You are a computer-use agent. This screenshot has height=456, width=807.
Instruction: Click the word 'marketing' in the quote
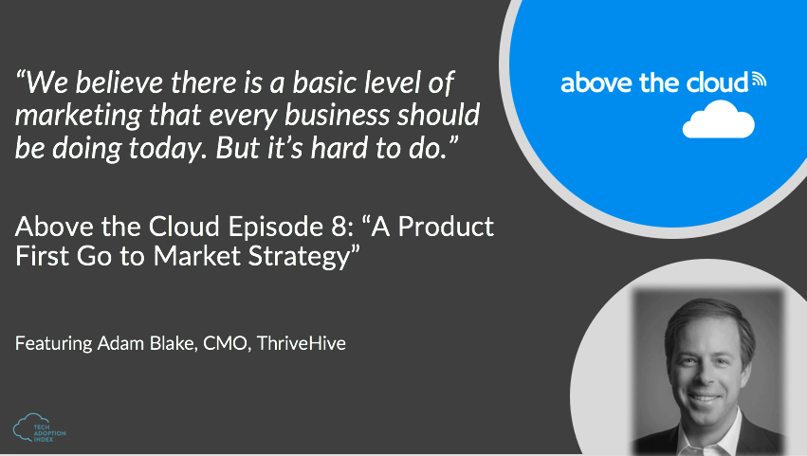tap(78, 116)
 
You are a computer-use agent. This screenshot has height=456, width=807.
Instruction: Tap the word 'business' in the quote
tap(337, 115)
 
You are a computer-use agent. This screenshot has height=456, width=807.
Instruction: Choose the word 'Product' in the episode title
tap(446, 227)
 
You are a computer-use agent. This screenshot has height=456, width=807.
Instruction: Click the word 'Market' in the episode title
tap(197, 256)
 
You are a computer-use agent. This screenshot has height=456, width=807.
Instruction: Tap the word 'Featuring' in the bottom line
tap(53, 344)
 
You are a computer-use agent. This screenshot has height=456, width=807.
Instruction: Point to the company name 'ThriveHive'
tap(301, 343)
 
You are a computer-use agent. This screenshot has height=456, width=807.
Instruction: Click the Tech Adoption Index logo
tap(39, 429)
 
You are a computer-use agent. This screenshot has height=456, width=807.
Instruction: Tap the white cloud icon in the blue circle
tap(719, 119)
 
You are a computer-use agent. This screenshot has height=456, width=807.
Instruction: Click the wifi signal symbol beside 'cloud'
tap(759, 80)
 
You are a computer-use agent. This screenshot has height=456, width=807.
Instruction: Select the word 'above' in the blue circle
tap(596, 82)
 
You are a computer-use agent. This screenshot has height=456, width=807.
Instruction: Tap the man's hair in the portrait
tap(709, 320)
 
